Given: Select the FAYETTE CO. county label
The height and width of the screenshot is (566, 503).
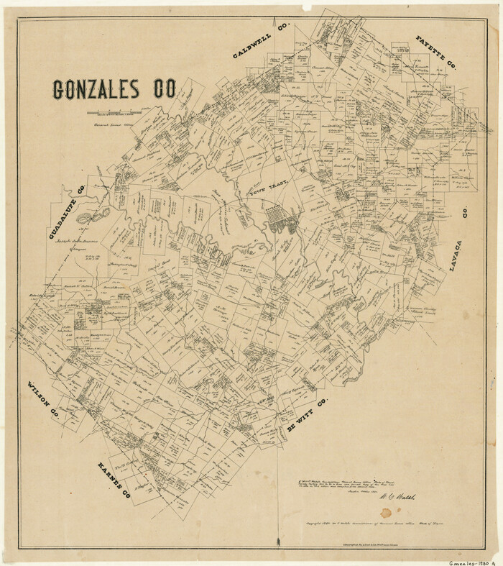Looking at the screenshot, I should (x=436, y=52).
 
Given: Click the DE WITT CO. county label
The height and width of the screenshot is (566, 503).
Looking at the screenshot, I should (x=307, y=415).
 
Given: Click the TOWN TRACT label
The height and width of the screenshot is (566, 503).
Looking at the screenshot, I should (x=268, y=190).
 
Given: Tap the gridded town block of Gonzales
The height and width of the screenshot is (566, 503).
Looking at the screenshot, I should (x=280, y=217).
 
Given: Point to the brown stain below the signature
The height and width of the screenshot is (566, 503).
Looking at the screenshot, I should (x=387, y=513).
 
